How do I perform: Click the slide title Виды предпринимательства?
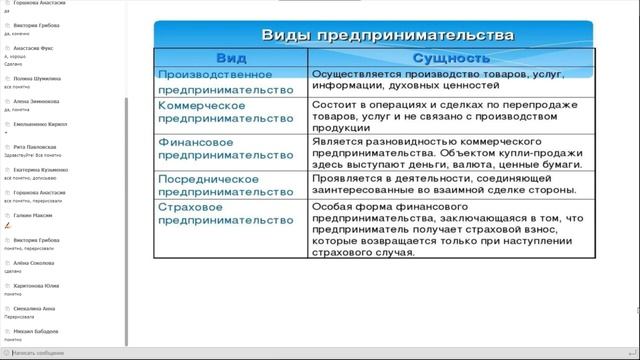pyautogui.click(x=387, y=35)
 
